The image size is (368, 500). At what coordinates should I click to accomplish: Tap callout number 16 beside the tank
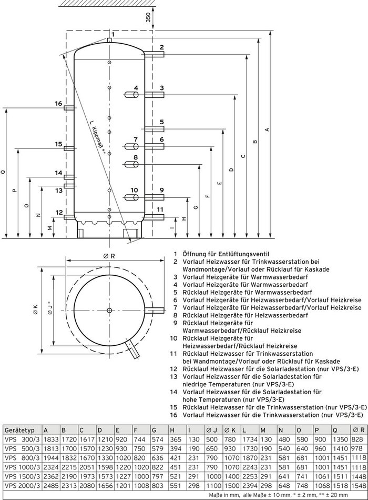(x=58, y=104)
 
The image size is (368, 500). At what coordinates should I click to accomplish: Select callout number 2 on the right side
(x=162, y=48)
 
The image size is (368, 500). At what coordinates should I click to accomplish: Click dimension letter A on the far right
(x=267, y=129)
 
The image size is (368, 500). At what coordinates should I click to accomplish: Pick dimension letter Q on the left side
(x=5, y=172)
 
